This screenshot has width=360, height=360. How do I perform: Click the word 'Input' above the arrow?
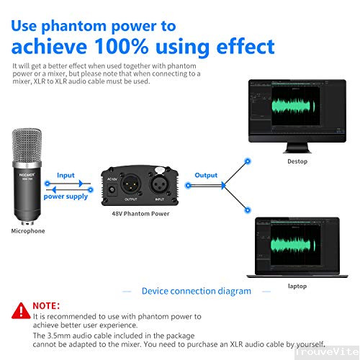tap(66, 175)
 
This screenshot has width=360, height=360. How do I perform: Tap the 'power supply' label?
tap(66, 196)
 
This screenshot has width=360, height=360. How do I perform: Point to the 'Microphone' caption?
tap(28, 231)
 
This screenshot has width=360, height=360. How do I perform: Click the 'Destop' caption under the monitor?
tap(297, 161)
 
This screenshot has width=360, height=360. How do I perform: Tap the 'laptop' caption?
tap(297, 286)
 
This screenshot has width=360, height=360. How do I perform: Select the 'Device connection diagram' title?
tap(197, 291)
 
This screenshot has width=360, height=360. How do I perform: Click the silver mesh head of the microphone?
tap(27, 147)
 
